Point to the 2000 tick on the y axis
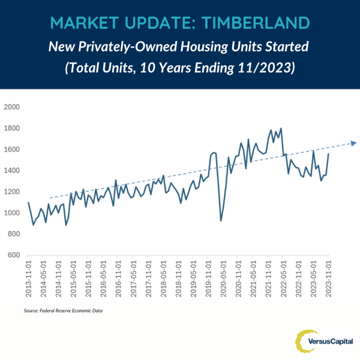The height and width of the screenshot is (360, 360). coord(13,107)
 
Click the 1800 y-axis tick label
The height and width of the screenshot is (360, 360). coord(13,128)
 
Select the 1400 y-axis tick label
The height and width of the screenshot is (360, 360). coord(13,171)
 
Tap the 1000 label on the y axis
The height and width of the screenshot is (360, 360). coord(13,213)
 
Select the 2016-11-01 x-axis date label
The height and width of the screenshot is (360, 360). coord(119,281)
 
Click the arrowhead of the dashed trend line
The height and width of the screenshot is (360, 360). coord(354,143)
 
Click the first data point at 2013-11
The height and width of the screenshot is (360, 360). coord(28,203)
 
